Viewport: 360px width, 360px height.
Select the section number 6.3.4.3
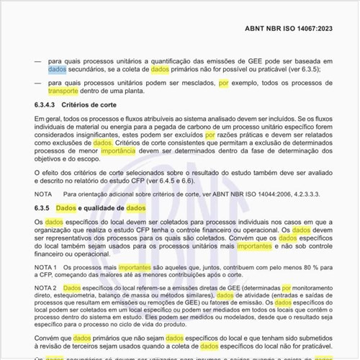[46, 105]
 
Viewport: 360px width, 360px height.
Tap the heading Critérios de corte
[100, 105]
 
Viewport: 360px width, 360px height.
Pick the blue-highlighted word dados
[57, 71]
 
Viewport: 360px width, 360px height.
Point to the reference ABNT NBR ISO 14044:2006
[246, 194]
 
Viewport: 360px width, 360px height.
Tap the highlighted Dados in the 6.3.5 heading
[66, 207]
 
